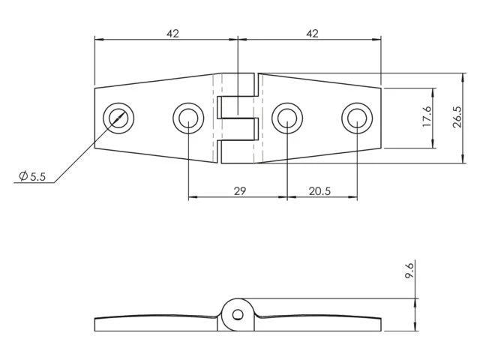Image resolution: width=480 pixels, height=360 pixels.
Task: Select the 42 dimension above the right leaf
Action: coord(312,33)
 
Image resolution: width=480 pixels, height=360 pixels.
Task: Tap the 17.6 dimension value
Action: coord(427,118)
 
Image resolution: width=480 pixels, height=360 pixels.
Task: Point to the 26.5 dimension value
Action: coord(457,118)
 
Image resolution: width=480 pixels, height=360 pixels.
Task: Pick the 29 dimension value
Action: coord(239,190)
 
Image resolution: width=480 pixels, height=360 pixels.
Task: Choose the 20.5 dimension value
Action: coord(320,190)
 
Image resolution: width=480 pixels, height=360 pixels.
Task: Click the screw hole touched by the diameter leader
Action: coord(118,118)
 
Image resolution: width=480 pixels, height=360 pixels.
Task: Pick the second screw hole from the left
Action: coord(187,118)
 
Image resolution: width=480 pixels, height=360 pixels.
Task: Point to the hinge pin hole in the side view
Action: coord(238,314)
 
